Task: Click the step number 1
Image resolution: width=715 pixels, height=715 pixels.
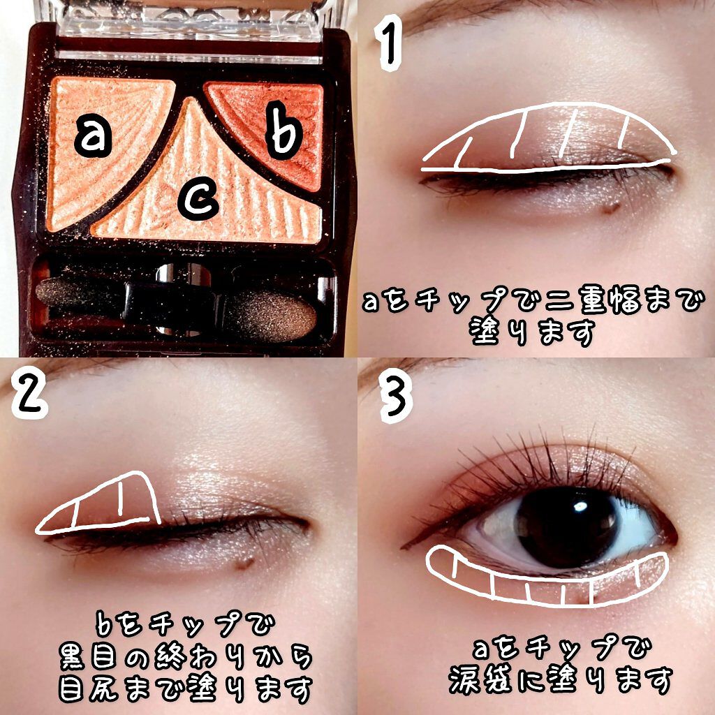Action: [x=390, y=43]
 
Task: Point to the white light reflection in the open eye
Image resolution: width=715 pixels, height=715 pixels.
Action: [x=580, y=506]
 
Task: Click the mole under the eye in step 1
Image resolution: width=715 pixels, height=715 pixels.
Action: [x=610, y=207]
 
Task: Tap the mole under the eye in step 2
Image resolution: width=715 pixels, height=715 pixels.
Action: [x=244, y=563]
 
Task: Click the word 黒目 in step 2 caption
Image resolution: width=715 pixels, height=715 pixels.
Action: [x=88, y=657]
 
